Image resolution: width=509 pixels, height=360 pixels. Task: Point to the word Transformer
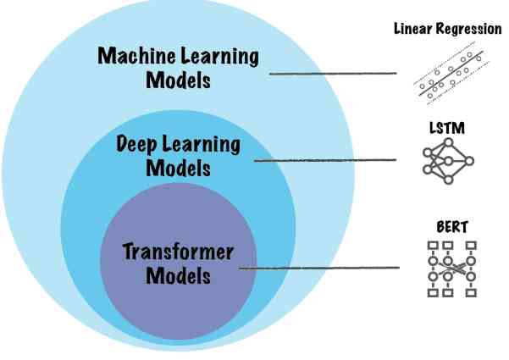(x=177, y=252)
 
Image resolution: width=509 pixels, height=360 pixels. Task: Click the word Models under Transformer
(x=177, y=276)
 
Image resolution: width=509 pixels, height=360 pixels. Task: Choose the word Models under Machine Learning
(x=177, y=82)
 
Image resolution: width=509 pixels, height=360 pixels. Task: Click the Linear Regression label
(x=447, y=29)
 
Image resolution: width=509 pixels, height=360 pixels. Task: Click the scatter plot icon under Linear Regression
(x=449, y=74)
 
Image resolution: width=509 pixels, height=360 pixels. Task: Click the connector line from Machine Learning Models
(x=334, y=74)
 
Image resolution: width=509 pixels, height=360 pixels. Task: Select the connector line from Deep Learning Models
(x=325, y=159)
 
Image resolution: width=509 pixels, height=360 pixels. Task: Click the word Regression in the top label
(x=470, y=29)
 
